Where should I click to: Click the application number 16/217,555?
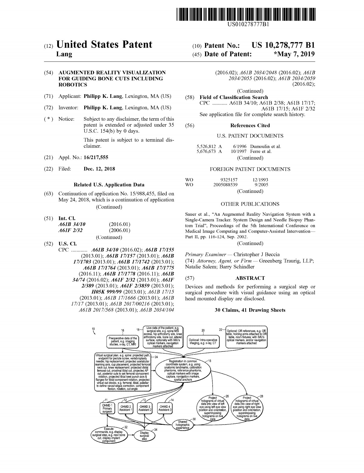click(96, 157)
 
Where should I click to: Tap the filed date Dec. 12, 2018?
click(99, 169)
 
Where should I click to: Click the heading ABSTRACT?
click(250, 278)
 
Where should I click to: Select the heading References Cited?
click(250, 125)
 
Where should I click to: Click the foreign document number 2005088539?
click(225, 185)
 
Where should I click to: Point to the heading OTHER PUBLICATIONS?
click(250, 204)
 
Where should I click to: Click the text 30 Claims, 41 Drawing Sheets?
click(250, 310)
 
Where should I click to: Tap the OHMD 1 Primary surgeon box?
click(107, 408)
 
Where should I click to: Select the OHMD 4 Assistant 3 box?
click(165, 408)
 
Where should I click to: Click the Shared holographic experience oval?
click(182, 425)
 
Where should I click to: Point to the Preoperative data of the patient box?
click(123, 341)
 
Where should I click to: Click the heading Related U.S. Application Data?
click(109, 185)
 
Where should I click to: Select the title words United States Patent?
click(104, 45)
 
